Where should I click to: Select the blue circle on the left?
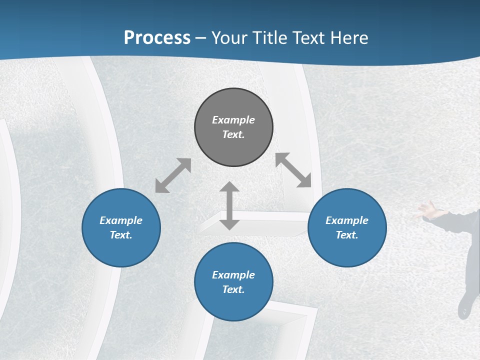coord(121,227)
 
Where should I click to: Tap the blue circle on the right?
coord(347,227)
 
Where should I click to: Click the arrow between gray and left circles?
coord(173,175)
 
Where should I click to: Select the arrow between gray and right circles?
coord(293,170)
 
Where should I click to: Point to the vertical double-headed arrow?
coord(229,206)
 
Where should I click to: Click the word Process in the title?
coord(157,37)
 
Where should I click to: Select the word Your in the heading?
coord(229,37)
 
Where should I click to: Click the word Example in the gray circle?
coord(233,120)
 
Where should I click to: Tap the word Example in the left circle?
coord(121,220)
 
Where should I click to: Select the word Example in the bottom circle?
coord(233,275)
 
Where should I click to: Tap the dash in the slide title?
coord(201,38)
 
